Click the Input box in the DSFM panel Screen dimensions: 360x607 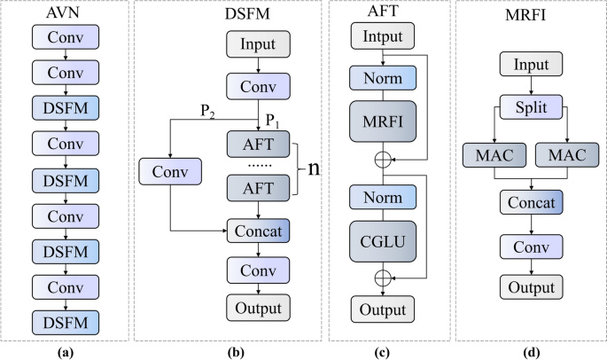259,43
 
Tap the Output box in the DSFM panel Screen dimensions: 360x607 259,307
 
